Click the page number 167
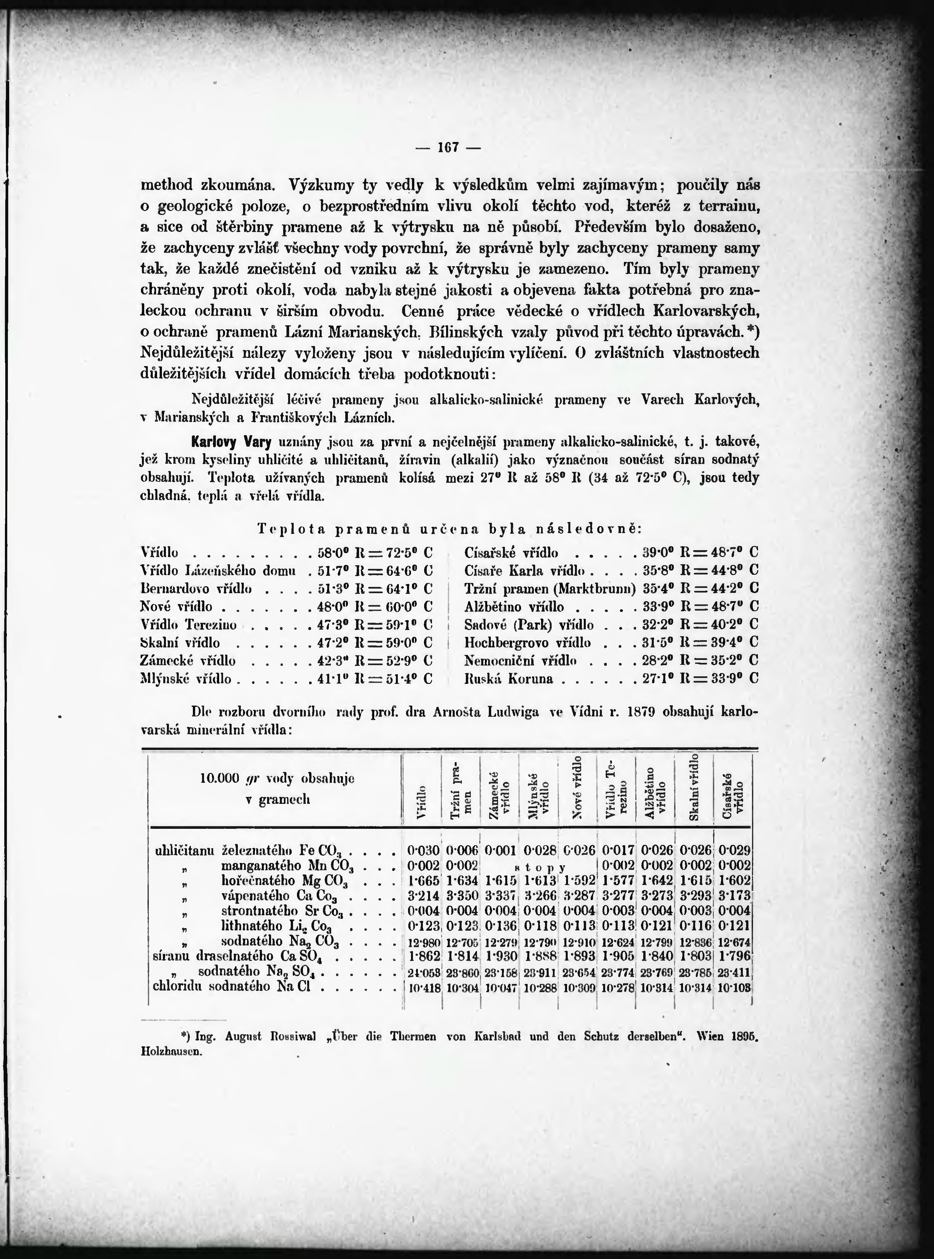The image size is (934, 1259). click(x=447, y=148)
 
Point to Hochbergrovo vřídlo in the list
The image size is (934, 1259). click(x=527, y=642)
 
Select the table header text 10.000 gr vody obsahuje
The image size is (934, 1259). click(x=277, y=778)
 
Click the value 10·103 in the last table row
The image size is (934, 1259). click(x=734, y=988)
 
